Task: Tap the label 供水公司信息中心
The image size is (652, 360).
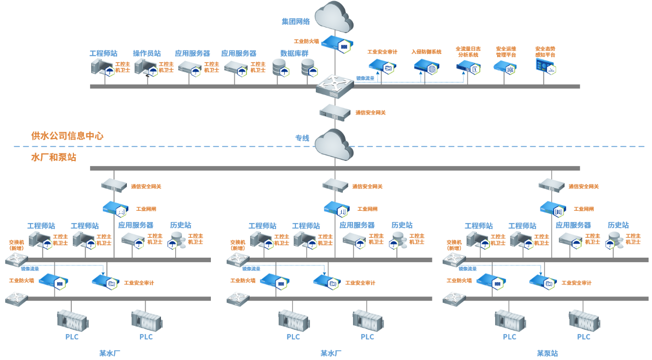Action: click(x=67, y=136)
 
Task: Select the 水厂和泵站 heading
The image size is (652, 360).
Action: click(x=53, y=157)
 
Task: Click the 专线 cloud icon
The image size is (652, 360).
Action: click(x=334, y=144)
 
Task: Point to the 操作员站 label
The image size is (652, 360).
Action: click(x=147, y=53)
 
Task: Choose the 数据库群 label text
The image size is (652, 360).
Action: click(x=294, y=53)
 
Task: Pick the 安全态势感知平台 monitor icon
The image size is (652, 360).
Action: click(x=545, y=67)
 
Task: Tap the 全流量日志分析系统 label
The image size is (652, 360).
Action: click(x=468, y=52)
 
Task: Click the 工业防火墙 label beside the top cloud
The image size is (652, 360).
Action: click(x=306, y=42)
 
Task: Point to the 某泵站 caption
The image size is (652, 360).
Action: click(x=547, y=353)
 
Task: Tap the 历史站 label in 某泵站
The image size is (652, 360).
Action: click(x=618, y=225)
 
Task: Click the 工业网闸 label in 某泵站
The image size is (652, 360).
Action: click(x=583, y=209)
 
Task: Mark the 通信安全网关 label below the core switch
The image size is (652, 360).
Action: click(x=370, y=113)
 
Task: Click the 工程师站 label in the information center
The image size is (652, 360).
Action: click(x=103, y=53)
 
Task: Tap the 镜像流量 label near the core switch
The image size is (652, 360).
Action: click(x=365, y=78)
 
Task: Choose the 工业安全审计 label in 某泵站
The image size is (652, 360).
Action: click(x=576, y=283)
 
